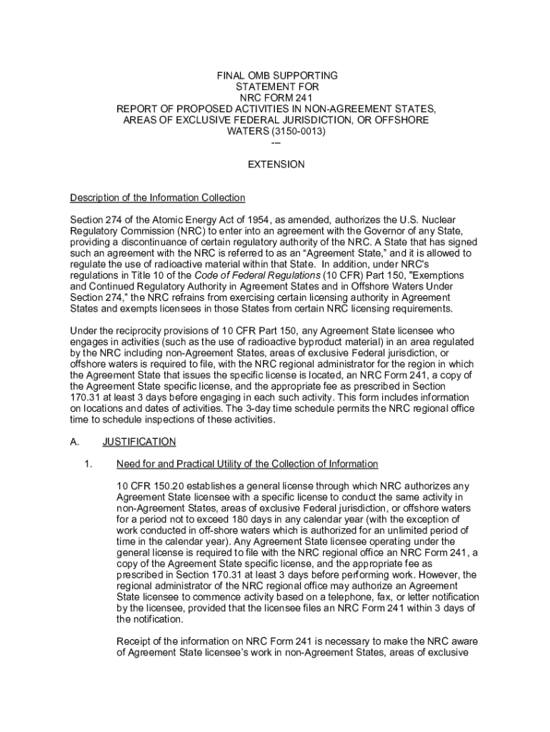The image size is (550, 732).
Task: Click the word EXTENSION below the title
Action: tap(276, 164)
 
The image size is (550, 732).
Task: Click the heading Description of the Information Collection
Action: tap(157, 197)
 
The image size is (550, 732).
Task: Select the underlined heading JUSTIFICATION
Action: tap(139, 442)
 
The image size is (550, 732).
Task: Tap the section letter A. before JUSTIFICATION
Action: tap(74, 442)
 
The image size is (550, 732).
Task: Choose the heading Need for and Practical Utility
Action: tap(247, 464)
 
